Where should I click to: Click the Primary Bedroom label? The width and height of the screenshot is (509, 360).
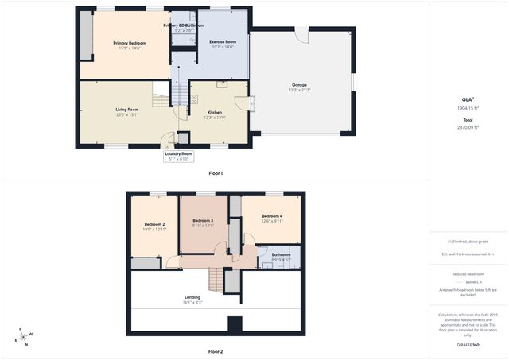click(129, 43)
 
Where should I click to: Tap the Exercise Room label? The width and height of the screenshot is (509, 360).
click(223, 41)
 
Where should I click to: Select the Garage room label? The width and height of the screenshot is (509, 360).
click(299, 85)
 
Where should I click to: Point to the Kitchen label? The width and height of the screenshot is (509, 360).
click(215, 113)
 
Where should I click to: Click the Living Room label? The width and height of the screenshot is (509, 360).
click(127, 110)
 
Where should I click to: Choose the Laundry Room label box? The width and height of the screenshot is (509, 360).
click(179, 156)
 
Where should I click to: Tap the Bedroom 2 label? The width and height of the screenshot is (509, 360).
click(154, 226)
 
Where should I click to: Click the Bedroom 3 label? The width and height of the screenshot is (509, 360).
click(202, 220)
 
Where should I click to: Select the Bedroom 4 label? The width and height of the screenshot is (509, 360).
click(272, 216)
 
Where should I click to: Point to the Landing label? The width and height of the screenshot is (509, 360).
click(192, 297)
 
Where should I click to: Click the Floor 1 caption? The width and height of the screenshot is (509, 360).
click(216, 172)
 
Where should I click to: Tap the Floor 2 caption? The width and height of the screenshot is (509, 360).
click(216, 350)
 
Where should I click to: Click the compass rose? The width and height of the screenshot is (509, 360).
click(25, 337)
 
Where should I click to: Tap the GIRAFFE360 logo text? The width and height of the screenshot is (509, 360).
click(468, 345)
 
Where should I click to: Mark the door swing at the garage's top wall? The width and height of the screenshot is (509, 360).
click(301, 36)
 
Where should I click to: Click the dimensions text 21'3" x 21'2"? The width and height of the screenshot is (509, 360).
click(299, 90)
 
